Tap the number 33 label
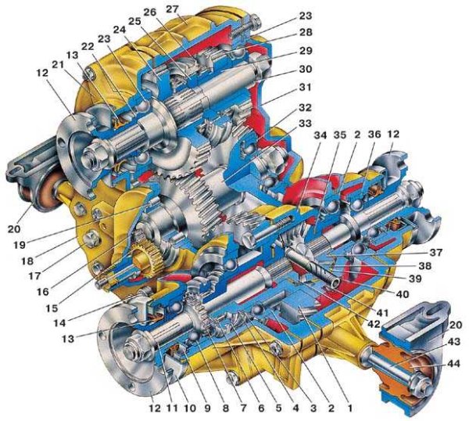point(305,123)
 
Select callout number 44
point(453,364)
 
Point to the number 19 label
point(20,245)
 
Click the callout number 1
point(350,408)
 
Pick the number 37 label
point(436,253)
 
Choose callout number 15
point(52,308)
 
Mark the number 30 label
point(305,69)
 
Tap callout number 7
point(242,408)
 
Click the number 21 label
point(58,64)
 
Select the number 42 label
point(374,324)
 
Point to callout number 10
point(190,408)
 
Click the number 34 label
point(320,135)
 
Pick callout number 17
point(34,275)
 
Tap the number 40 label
point(402,294)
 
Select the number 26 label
point(150,13)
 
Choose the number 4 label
point(295,408)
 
